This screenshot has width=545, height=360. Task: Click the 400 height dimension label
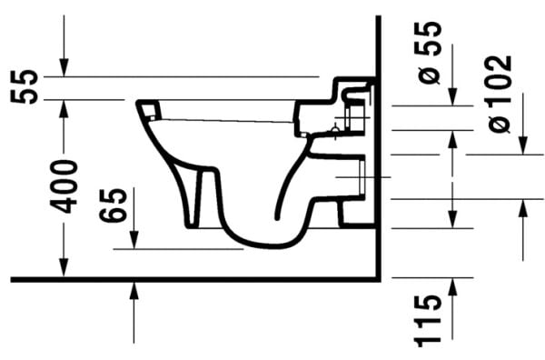[64, 185]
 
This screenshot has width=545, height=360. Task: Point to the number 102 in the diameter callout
[499, 76]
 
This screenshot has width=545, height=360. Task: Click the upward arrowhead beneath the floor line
[134, 288]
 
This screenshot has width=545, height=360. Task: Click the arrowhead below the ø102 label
[522, 148]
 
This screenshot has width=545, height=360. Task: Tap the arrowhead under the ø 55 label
[452, 99]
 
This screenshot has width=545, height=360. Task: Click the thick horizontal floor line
[182, 278]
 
